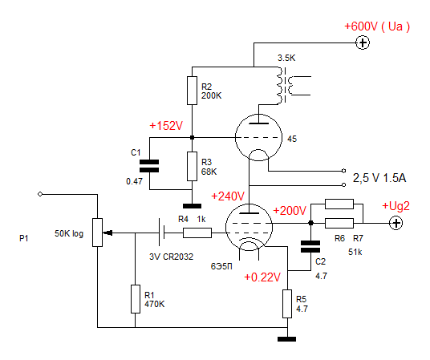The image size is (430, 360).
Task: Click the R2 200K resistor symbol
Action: (192, 91)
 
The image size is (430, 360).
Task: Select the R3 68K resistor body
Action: (192, 167)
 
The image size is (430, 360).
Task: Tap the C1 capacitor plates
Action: (149, 166)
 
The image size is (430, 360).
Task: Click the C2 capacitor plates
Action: (310, 246)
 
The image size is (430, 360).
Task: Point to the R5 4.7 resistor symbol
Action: (287, 304)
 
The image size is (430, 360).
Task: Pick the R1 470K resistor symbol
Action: (136, 299)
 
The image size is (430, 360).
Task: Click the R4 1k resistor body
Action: (197, 233)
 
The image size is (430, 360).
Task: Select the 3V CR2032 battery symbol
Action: (161, 232)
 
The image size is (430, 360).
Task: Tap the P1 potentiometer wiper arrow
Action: (107, 233)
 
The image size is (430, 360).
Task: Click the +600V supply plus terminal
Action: (363, 42)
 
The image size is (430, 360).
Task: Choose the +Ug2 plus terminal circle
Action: (396, 223)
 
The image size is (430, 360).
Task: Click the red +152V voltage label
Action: (166, 126)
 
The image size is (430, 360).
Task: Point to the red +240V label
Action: (228, 196)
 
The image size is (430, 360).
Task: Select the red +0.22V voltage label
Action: (262, 277)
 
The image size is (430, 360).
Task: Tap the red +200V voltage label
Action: (290, 211)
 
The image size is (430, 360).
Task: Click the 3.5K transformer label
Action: (286, 58)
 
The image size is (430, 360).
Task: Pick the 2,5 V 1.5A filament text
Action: (379, 178)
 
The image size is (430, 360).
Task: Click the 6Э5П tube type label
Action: (221, 266)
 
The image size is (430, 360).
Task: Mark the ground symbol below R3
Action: (192, 206)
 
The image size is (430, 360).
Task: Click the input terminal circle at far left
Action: (40, 194)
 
